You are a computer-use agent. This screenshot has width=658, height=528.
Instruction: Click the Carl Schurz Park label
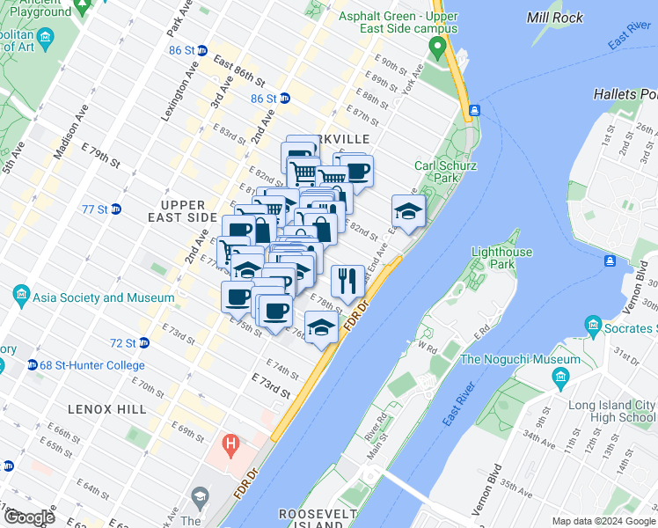pos(437,171)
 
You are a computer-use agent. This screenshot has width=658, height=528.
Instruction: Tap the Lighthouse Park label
pos(501,258)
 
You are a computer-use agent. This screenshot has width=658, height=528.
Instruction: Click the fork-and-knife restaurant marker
pos(347,281)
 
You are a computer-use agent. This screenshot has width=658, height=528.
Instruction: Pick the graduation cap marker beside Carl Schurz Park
pos(408,211)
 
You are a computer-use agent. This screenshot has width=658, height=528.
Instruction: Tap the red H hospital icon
pos(231,443)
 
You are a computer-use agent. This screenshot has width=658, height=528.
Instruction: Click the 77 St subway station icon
pos(116,209)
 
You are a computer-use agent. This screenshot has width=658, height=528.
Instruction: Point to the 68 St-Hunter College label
pos(84,365)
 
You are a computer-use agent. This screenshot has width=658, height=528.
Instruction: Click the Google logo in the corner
pos(28,517)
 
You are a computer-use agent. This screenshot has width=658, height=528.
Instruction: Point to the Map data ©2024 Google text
pos(603,521)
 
